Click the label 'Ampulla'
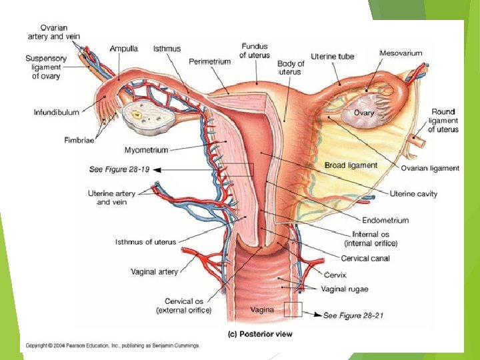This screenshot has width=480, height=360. pyautogui.click(x=124, y=49)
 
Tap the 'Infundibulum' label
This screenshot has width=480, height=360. pyautogui.click(x=56, y=113)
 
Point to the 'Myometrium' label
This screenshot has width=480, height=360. pyautogui.click(x=146, y=150)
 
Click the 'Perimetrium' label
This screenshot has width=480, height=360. pyautogui.click(x=209, y=61)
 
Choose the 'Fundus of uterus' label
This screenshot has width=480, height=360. pyautogui.click(x=254, y=50)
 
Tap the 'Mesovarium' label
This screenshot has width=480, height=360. pyautogui.click(x=400, y=53)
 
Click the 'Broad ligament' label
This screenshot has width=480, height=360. pyautogui.click(x=351, y=165)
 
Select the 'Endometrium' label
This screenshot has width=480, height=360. pyautogui.click(x=385, y=220)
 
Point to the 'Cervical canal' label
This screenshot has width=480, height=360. pyautogui.click(x=365, y=258)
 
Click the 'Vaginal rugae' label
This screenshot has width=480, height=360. pyautogui.click(x=344, y=289)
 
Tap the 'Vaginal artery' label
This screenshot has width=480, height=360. pyautogui.click(x=154, y=271)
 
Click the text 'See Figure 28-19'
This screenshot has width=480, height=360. pyautogui.click(x=118, y=170)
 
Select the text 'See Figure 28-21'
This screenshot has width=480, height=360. pyautogui.click(x=353, y=315)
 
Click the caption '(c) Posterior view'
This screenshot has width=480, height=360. pyautogui.click(x=259, y=333)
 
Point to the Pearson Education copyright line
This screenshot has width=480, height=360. pyautogui.click(x=113, y=345)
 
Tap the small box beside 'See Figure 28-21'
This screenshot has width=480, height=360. pyautogui.click(x=293, y=309)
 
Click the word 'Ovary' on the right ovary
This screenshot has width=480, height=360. pyautogui.click(x=363, y=113)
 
